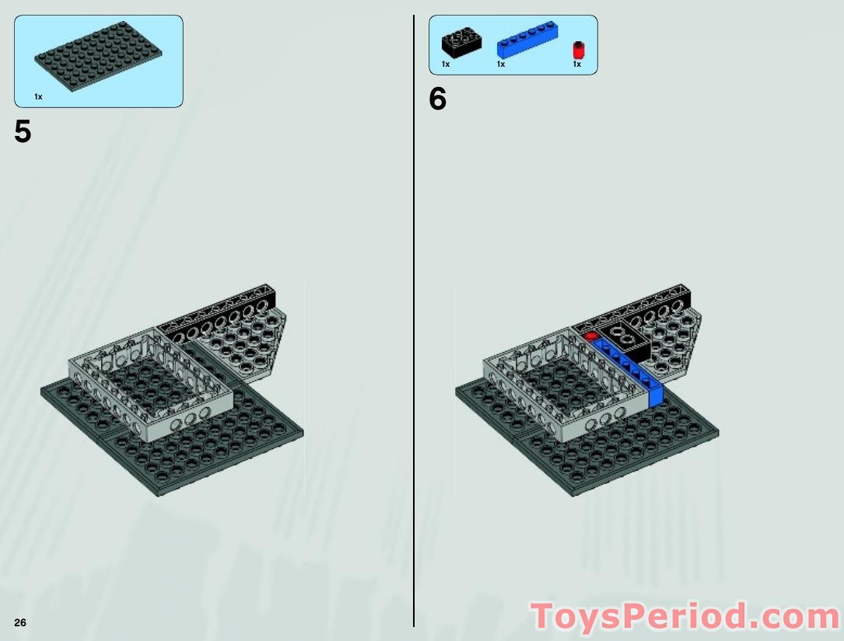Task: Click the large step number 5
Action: (23, 132)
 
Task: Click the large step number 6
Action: (438, 99)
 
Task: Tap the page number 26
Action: (20, 622)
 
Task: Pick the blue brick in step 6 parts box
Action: (527, 40)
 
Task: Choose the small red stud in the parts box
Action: (577, 50)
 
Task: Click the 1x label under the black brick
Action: (446, 64)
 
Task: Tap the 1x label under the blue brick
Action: (501, 64)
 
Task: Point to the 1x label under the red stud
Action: (576, 64)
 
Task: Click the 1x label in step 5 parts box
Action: (38, 96)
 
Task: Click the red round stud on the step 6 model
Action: (590, 336)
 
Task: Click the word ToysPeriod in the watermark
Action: (639, 618)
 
